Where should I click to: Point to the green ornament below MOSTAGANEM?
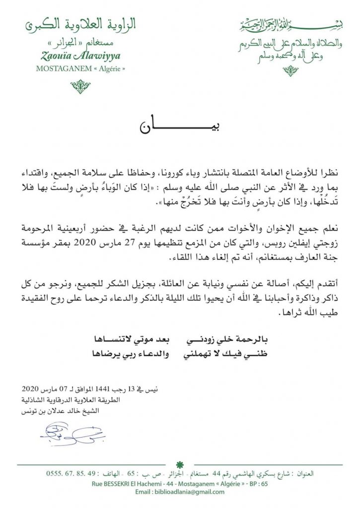coord(80,87)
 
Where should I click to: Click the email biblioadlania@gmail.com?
coord(179,492)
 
